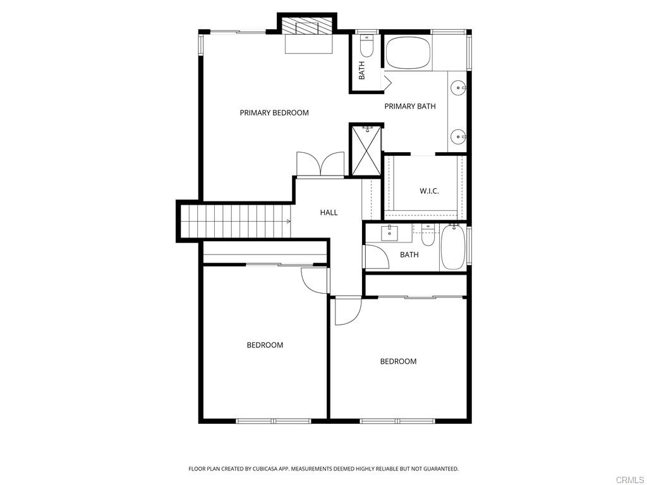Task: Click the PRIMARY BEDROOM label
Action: tap(274, 112)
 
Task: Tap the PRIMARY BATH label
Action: tap(409, 106)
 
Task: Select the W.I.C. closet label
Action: tap(429, 191)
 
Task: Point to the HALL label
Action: tap(329, 212)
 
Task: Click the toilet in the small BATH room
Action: tap(366, 46)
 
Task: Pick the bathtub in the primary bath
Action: tap(408, 52)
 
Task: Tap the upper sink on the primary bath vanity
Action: tap(458, 88)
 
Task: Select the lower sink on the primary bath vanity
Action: tap(458, 136)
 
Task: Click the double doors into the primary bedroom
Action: tap(320, 165)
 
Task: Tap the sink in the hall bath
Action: tap(389, 234)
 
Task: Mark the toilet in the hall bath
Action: tap(428, 235)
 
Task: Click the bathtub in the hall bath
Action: tap(453, 247)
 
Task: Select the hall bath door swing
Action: tap(376, 258)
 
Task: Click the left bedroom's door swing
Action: tap(315, 280)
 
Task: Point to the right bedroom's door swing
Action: tap(348, 310)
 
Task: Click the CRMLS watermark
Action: tap(631, 480)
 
